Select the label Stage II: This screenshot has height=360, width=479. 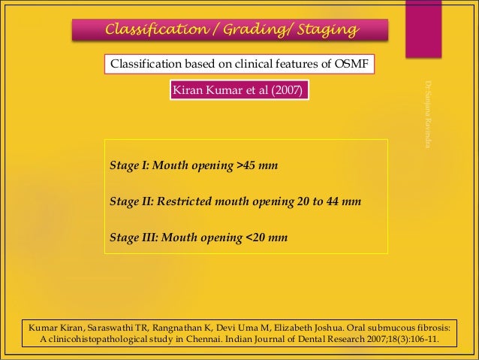coord(131,202)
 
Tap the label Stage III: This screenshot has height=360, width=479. coord(134,238)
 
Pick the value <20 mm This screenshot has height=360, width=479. coord(267,238)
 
